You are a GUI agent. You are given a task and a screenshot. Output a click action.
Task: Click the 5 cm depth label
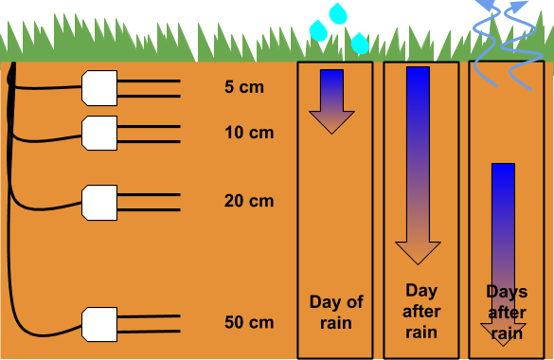(x=243, y=87)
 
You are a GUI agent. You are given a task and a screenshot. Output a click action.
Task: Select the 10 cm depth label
(x=249, y=133)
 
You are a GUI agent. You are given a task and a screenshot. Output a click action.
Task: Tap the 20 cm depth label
(x=249, y=201)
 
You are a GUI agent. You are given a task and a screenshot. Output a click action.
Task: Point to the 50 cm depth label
(x=249, y=323)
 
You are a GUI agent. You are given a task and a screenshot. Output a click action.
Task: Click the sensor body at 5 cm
(x=99, y=87)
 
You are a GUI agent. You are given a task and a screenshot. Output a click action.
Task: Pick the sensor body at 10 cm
(x=99, y=133)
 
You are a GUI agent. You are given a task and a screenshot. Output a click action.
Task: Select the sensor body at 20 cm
(x=99, y=201)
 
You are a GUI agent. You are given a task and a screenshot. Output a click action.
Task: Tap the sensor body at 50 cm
(x=99, y=323)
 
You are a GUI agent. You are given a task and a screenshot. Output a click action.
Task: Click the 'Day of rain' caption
(x=336, y=313)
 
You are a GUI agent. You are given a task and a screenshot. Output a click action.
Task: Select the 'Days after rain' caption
(x=507, y=312)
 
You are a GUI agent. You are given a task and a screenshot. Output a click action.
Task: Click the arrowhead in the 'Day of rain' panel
(x=331, y=121)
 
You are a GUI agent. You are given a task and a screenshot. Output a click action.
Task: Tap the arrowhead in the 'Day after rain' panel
(x=418, y=251)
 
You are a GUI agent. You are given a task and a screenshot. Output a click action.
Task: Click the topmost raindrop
(x=338, y=13)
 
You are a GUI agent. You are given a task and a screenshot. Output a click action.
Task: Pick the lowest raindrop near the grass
(x=360, y=43)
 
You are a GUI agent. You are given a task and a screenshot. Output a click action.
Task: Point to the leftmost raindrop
(x=319, y=30)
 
